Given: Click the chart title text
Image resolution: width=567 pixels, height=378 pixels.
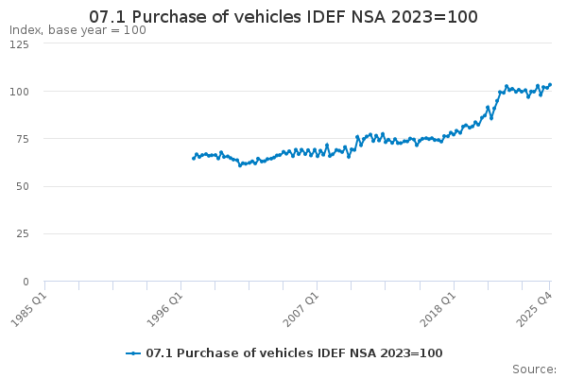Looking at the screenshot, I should tap(283, 17).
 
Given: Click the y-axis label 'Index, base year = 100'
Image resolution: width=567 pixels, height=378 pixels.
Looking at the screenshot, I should tap(77, 30).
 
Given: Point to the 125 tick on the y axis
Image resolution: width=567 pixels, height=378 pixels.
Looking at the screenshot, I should tap(20, 44).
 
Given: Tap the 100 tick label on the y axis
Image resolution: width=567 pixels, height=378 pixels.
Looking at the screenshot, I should tap(20, 92).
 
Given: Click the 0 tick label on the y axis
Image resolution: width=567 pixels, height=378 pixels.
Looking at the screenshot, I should tap(26, 282).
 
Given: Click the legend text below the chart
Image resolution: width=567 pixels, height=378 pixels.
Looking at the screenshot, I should tap(294, 353).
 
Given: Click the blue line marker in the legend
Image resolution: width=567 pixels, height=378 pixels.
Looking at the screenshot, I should tap(133, 353).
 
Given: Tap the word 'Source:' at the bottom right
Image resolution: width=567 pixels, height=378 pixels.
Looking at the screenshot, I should tap(534, 369).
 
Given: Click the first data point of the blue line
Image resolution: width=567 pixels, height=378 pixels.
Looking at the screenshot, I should tap(193, 158).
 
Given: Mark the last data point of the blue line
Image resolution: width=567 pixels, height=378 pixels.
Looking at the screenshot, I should tap(550, 84).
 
